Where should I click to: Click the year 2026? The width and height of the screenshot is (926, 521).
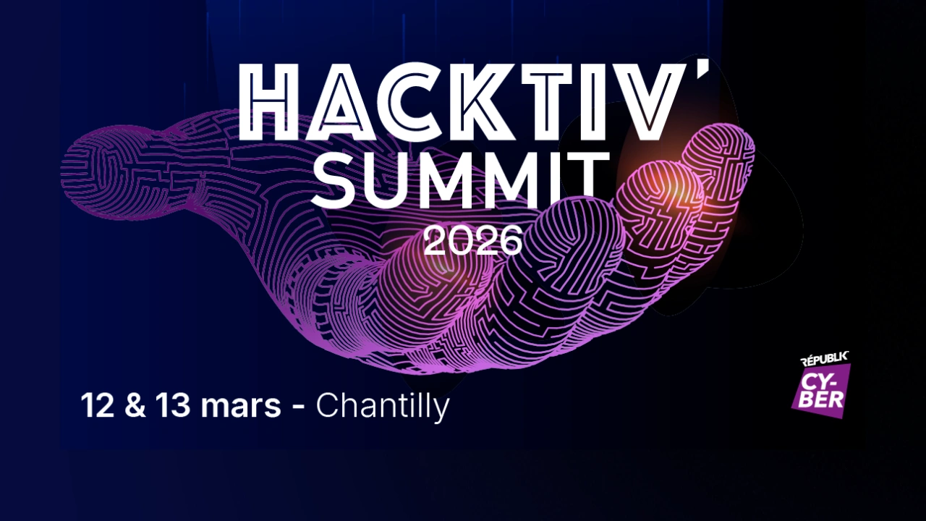(472, 240)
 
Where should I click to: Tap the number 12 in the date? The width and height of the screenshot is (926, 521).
(97, 405)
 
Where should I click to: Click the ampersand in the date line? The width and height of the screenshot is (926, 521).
(135, 405)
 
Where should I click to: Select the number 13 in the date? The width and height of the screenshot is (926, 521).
(173, 405)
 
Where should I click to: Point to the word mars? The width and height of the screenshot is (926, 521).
(240, 409)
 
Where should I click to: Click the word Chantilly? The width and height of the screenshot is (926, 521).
(383, 406)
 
